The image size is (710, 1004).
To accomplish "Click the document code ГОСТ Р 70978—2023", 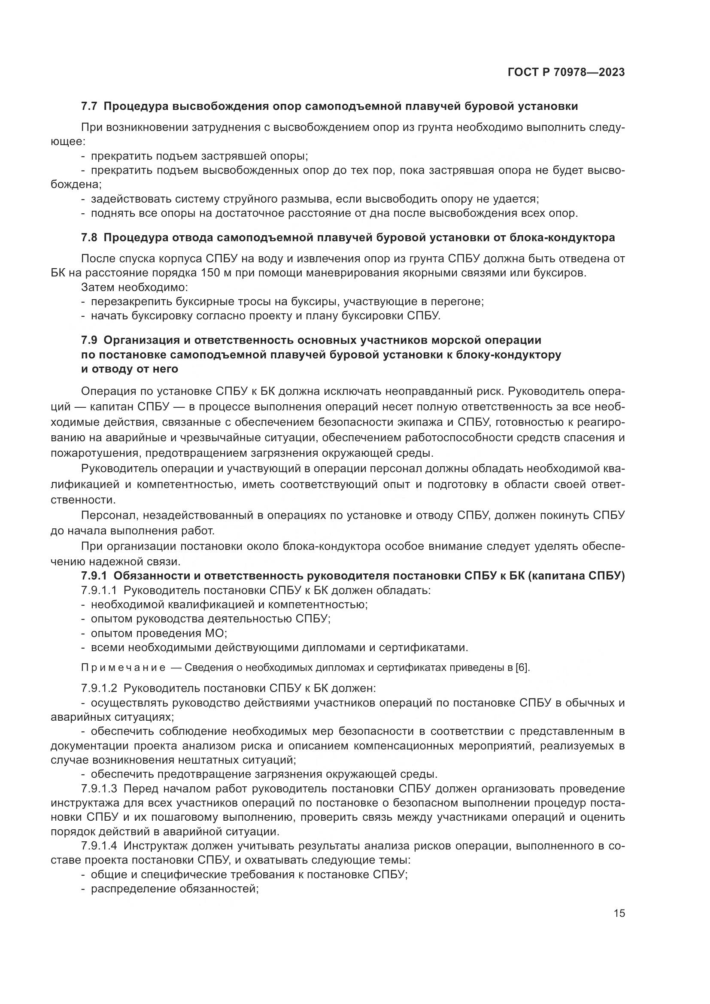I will (x=566, y=73).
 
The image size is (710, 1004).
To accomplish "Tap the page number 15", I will (x=619, y=913).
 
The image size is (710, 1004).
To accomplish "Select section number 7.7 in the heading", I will (x=90, y=106).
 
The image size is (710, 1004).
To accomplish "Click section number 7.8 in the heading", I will (x=90, y=237).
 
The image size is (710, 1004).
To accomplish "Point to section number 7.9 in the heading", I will (x=90, y=340).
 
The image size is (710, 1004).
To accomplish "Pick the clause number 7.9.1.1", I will (x=99, y=590).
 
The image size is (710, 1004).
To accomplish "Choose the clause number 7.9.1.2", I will (x=99, y=688).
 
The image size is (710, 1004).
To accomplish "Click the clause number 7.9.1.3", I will (x=99, y=789).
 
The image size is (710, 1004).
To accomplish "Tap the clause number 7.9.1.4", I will (x=99, y=846).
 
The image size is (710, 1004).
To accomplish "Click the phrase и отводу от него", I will (x=130, y=369).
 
